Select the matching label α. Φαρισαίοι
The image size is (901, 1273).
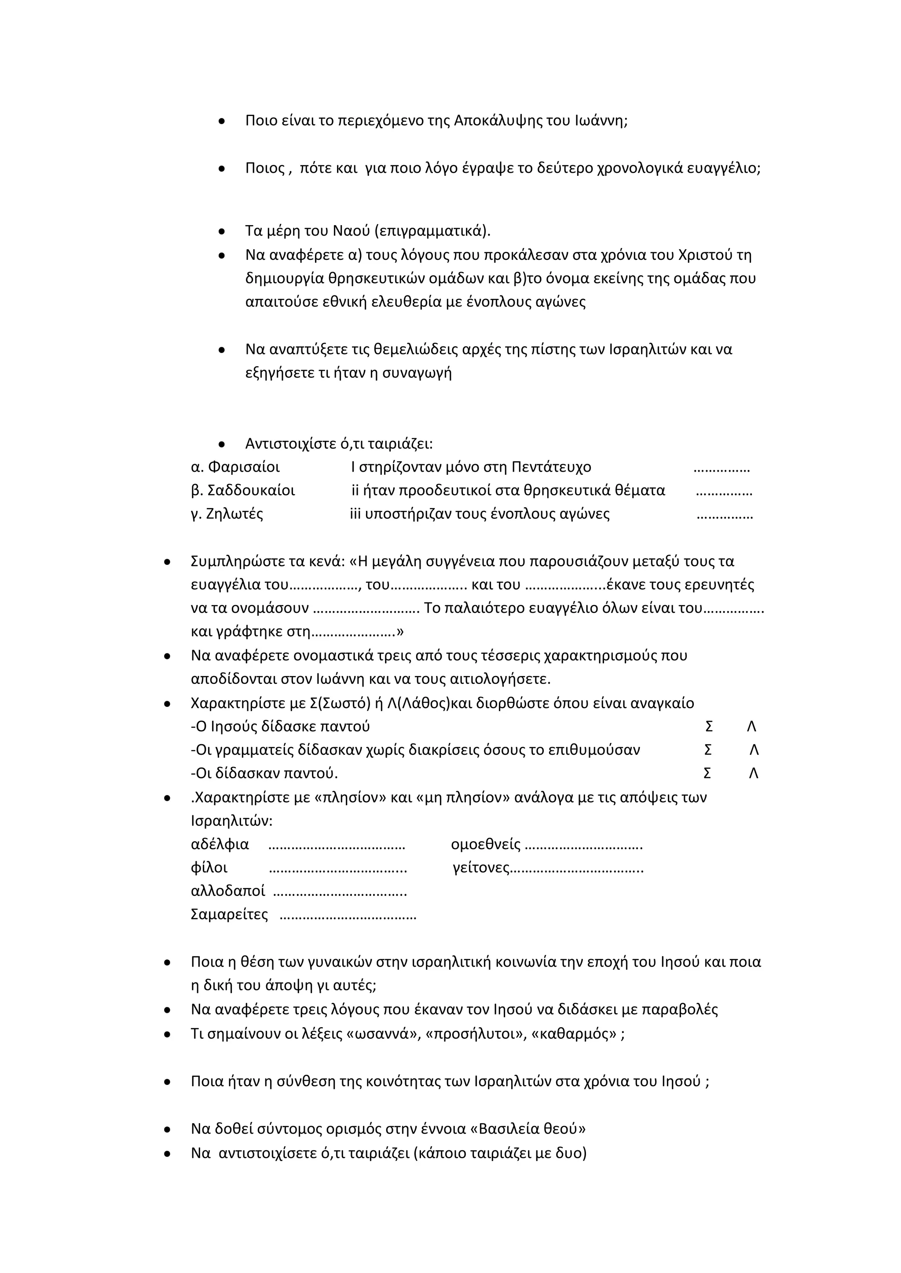(235, 467)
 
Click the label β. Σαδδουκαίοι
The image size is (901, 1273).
(242, 491)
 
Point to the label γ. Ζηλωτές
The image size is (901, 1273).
(227, 514)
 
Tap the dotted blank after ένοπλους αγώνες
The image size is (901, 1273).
(724, 515)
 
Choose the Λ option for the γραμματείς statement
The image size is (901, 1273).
(754, 750)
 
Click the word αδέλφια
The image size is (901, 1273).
(220, 844)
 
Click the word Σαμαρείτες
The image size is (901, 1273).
(229, 914)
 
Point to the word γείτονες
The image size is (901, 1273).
(480, 868)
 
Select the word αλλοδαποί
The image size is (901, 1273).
(227, 891)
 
